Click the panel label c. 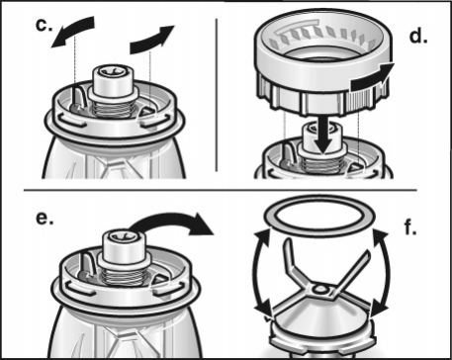[x=44, y=26]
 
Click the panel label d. [x=418, y=37]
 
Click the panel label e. [x=45, y=219]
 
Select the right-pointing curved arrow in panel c [x=150, y=42]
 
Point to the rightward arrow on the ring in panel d [x=372, y=78]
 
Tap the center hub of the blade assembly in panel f [x=319, y=290]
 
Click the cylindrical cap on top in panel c [x=113, y=82]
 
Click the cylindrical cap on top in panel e [x=125, y=248]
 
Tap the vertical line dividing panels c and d [x=217, y=95]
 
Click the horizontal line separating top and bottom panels [x=220, y=190]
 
